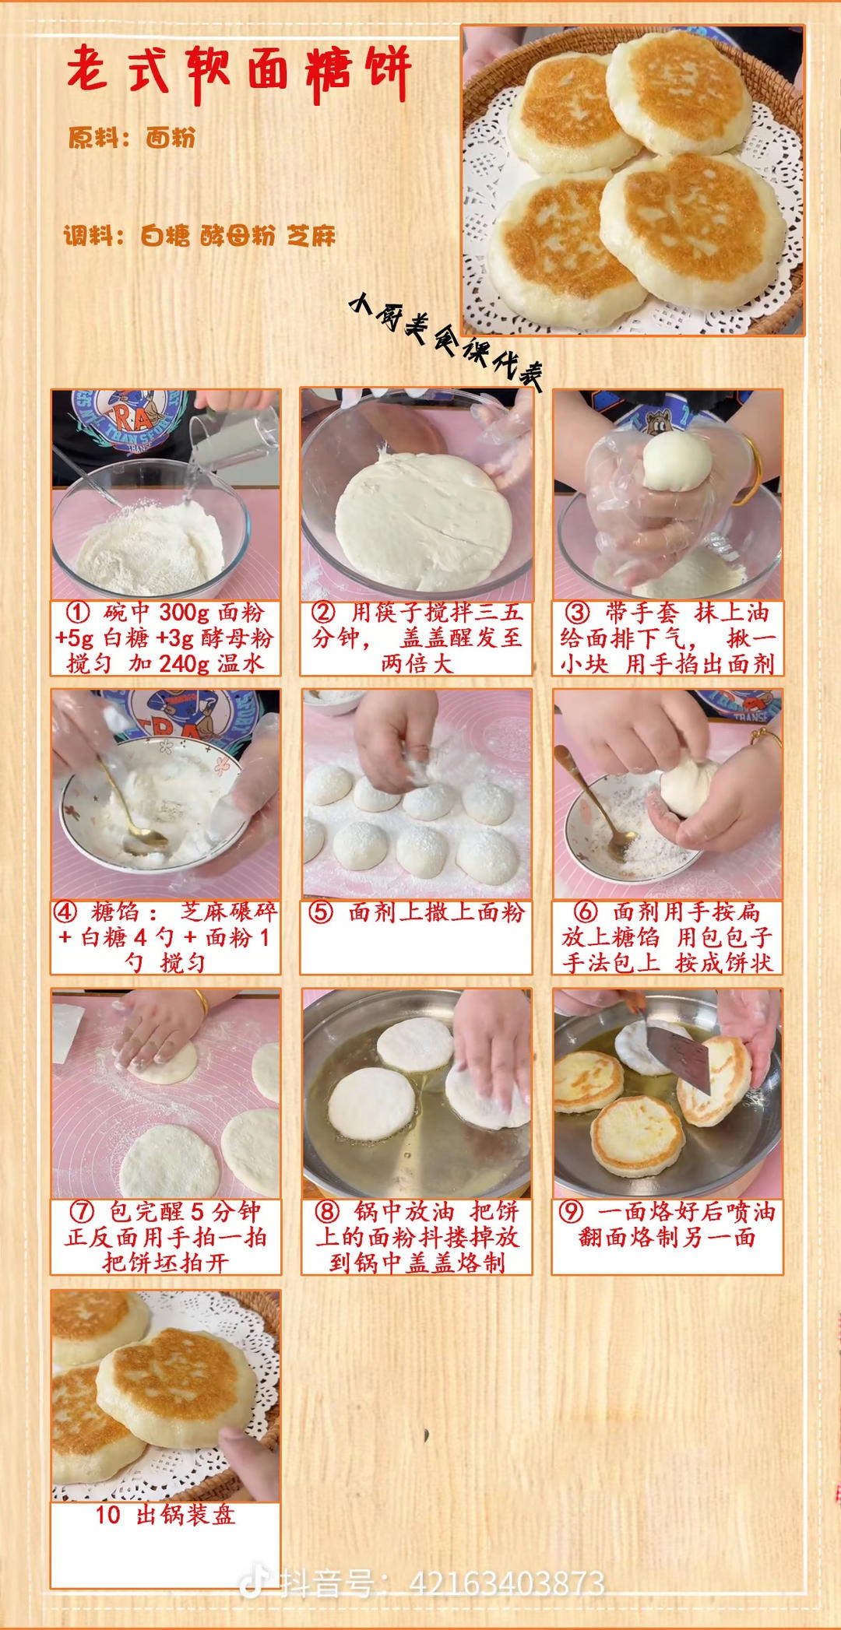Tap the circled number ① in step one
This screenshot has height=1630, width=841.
(x=77, y=613)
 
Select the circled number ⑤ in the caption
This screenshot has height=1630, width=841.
(x=320, y=912)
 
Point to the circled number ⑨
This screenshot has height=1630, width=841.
(x=571, y=1212)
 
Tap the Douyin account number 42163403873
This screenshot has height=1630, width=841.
(x=507, y=1583)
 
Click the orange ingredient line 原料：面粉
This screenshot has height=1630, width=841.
(x=132, y=138)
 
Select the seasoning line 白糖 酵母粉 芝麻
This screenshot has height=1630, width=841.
(x=238, y=236)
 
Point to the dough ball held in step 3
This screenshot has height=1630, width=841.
(x=677, y=461)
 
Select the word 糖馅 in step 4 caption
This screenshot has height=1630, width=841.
(x=114, y=912)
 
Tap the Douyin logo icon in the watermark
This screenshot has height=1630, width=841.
(x=252, y=1583)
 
